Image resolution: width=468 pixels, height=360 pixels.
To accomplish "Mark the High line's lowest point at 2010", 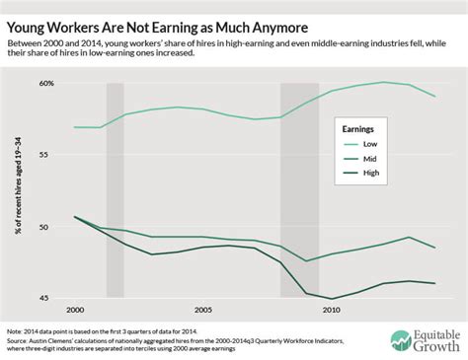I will coord(332,298).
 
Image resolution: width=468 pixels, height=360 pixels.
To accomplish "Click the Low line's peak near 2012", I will coord(383,82).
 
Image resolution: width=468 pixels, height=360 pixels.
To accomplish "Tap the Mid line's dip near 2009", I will coord(307,261).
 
